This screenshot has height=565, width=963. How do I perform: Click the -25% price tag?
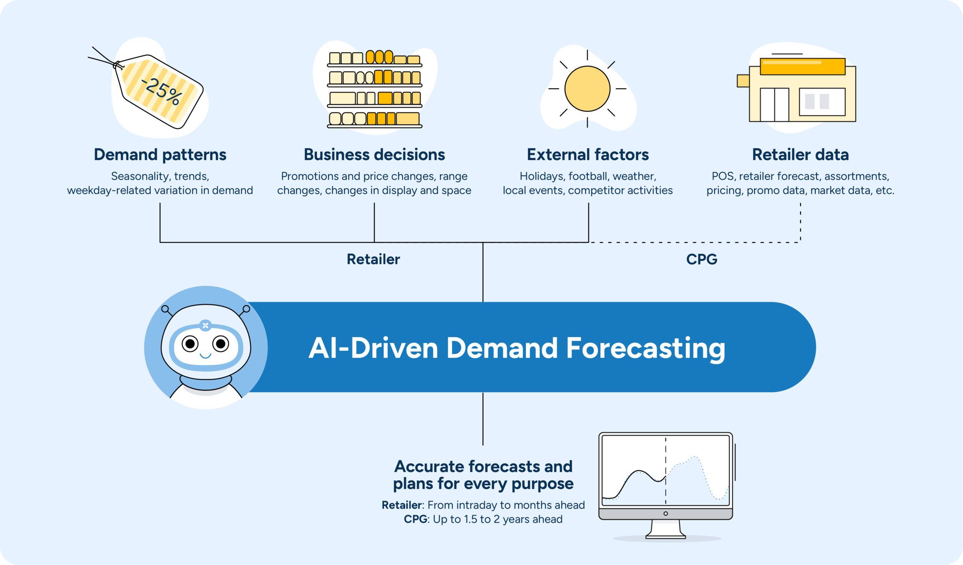click(x=161, y=92)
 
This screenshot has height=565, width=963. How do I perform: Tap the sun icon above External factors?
click(x=587, y=89)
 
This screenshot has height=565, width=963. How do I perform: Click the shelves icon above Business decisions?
click(x=375, y=90)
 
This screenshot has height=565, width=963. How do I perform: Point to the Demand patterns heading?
click(x=160, y=154)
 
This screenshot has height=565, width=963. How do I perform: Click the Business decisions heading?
click(x=374, y=154)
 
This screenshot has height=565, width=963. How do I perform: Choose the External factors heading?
click(x=588, y=154)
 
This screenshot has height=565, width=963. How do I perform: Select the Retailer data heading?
click(x=800, y=154)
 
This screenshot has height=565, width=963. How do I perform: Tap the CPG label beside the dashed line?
click(x=702, y=260)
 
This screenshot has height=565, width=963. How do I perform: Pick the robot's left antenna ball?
click(x=165, y=309)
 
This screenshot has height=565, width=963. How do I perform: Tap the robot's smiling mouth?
click(x=205, y=356)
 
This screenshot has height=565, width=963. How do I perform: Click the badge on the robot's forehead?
click(x=205, y=325)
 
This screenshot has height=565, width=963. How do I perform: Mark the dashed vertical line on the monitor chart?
click(x=666, y=470)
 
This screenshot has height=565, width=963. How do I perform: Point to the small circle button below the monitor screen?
click(x=666, y=513)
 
